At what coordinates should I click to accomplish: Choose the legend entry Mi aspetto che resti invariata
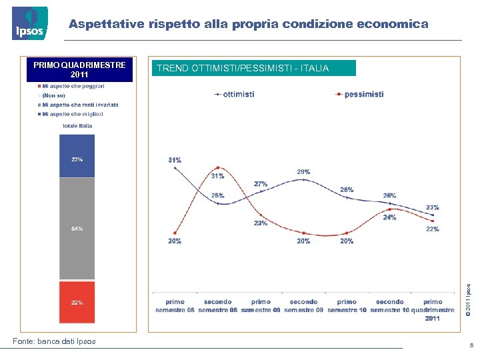pos(79,105)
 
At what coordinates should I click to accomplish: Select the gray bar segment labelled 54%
pos(77,228)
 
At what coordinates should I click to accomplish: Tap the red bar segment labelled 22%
pos(77,302)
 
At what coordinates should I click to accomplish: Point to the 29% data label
pos(303,172)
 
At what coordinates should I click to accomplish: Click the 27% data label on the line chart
pos(260,183)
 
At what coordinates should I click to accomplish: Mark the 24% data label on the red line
pos(389,217)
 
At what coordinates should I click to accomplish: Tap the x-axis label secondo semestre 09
pos(303,306)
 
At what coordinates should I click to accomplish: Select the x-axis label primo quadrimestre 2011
pos(432,310)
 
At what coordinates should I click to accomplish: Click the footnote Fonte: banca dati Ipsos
pos(54,341)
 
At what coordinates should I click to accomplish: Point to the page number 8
pos(471,346)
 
